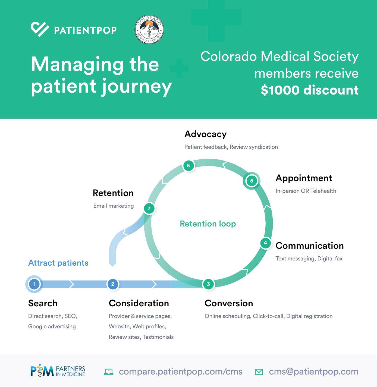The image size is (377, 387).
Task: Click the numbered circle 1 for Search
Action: click(x=34, y=284)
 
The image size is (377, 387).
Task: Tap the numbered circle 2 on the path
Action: click(x=113, y=284)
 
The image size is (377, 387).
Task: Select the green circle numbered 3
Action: click(x=208, y=284)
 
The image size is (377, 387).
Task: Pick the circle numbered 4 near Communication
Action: click(x=265, y=243)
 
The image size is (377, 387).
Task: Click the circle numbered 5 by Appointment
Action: click(x=252, y=181)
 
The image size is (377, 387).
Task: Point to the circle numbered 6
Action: click(x=188, y=166)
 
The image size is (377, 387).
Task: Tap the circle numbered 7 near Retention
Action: click(x=149, y=209)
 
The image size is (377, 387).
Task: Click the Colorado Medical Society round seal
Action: click(x=149, y=30)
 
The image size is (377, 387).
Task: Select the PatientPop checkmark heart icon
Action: click(x=40, y=29)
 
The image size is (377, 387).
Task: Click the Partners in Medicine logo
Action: click(x=58, y=372)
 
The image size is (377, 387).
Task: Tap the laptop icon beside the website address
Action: click(x=109, y=372)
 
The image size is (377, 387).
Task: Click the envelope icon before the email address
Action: click(x=259, y=372)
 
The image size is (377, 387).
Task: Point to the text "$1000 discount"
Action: click(x=310, y=90)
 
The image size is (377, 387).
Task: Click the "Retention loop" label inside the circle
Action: click(x=208, y=224)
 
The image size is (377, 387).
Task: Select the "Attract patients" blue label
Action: click(x=58, y=263)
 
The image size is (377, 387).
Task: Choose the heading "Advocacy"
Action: click(x=205, y=134)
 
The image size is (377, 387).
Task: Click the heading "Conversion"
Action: click(x=229, y=303)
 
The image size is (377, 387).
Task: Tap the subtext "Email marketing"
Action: click(x=113, y=206)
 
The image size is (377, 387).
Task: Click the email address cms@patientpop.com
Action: click(x=314, y=372)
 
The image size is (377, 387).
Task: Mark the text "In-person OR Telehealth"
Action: click(x=306, y=191)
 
